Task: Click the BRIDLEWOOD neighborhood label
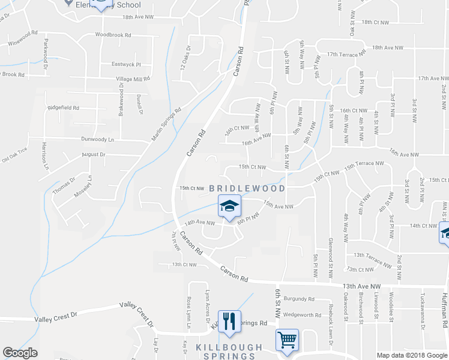247,188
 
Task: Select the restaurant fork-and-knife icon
229,322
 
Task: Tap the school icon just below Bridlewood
229,206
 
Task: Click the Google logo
20,353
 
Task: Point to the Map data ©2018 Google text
411,355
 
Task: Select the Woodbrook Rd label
112,35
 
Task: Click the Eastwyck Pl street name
125,64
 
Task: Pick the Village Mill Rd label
133,79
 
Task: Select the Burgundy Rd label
299,299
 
